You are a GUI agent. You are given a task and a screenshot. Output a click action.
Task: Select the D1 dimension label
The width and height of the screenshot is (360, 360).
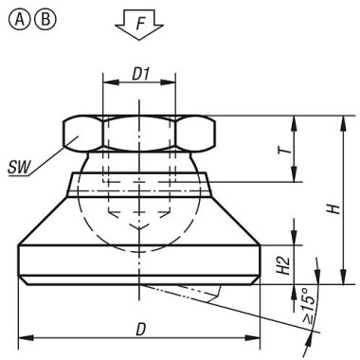138,72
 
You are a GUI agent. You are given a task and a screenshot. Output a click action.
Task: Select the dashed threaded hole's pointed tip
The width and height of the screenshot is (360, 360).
138,231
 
